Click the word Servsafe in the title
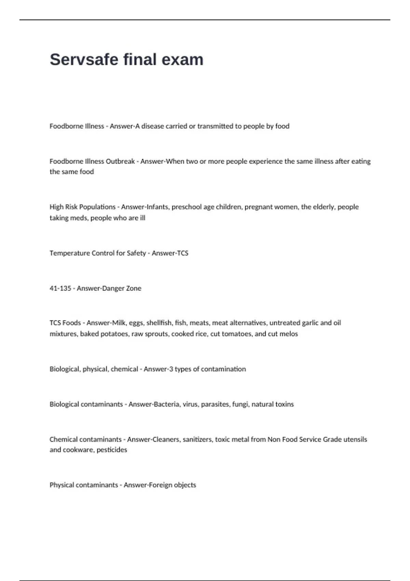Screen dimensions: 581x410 pyautogui.click(x=84, y=59)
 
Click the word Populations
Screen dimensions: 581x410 pyautogui.click(x=97, y=207)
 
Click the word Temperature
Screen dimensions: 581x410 pyautogui.click(x=69, y=253)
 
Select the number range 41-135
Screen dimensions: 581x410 pyautogui.click(x=60, y=288)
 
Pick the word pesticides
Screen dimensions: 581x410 pyautogui.click(x=112, y=450)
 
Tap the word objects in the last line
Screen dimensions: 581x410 pyautogui.click(x=185, y=485)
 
